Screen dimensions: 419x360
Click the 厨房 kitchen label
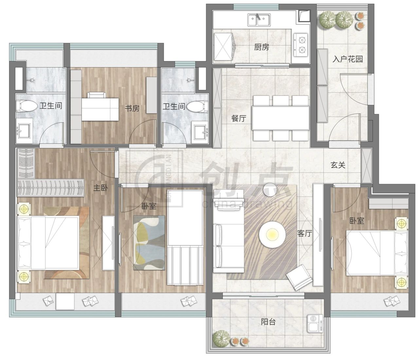click(x=262, y=47)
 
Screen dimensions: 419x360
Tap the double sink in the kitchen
click(x=259, y=20)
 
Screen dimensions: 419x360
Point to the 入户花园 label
click(x=348, y=59)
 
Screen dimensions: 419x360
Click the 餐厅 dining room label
click(x=239, y=118)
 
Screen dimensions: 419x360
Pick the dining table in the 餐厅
click(x=281, y=118)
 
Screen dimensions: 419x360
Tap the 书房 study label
click(x=132, y=109)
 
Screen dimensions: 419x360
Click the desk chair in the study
click(x=97, y=95)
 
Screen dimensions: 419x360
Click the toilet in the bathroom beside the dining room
click(x=197, y=106)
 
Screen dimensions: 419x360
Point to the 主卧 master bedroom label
click(x=101, y=188)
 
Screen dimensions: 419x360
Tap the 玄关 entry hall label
click(x=338, y=165)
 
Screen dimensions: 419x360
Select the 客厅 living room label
click(x=305, y=233)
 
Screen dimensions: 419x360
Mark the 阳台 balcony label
click(x=268, y=321)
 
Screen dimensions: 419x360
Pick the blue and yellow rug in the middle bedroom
click(x=149, y=243)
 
